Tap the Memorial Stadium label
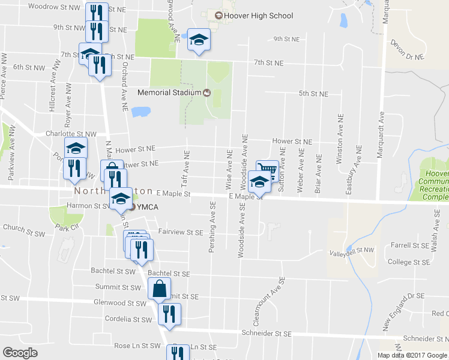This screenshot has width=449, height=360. click(x=170, y=92)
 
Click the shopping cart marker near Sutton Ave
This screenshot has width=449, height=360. click(x=267, y=170)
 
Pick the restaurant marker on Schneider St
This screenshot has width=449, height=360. click(x=169, y=314)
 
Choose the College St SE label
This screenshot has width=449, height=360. click(x=408, y=262)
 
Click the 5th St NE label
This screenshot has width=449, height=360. click(x=314, y=94)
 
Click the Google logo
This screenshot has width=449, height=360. click(x=20, y=353)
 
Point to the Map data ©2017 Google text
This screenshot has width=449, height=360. click(x=412, y=355)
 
